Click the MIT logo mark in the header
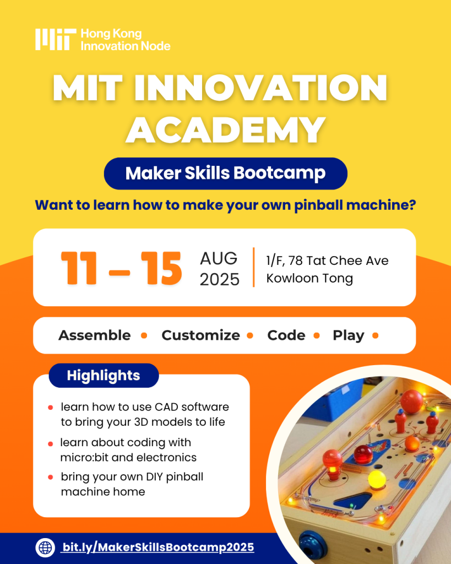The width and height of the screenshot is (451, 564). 55,40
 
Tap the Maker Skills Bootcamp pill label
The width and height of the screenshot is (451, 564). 225,173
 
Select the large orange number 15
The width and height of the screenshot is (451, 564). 160,269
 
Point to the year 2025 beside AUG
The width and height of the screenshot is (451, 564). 219,279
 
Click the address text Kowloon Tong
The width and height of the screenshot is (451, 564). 309,279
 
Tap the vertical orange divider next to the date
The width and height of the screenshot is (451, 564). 254,267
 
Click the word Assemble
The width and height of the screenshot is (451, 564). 95,335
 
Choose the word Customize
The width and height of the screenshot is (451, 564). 200,335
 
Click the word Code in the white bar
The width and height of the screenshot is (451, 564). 286,335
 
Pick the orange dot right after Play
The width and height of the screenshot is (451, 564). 376,335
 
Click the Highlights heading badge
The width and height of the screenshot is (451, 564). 104,376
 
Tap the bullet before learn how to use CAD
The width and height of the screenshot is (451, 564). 50,408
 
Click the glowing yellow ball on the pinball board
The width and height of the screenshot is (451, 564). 376,479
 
